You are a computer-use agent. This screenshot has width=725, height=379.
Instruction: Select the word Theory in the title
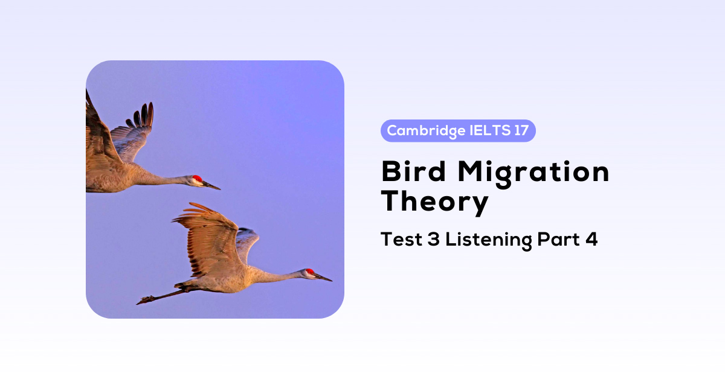coord(434,202)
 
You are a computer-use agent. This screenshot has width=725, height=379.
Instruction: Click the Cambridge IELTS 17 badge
coord(458,130)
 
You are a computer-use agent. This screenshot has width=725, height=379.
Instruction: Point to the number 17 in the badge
coord(521,130)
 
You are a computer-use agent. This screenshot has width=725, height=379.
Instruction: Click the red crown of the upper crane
coord(197,179)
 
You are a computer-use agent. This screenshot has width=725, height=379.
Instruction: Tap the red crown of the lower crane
coord(310,272)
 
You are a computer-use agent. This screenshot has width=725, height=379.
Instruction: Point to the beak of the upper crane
coord(211,185)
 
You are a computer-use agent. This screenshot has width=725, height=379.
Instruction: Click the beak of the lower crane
coord(323,277)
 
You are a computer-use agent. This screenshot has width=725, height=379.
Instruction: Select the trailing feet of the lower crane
coord(145,299)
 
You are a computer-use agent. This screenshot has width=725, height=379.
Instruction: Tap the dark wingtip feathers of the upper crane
coord(144,115)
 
